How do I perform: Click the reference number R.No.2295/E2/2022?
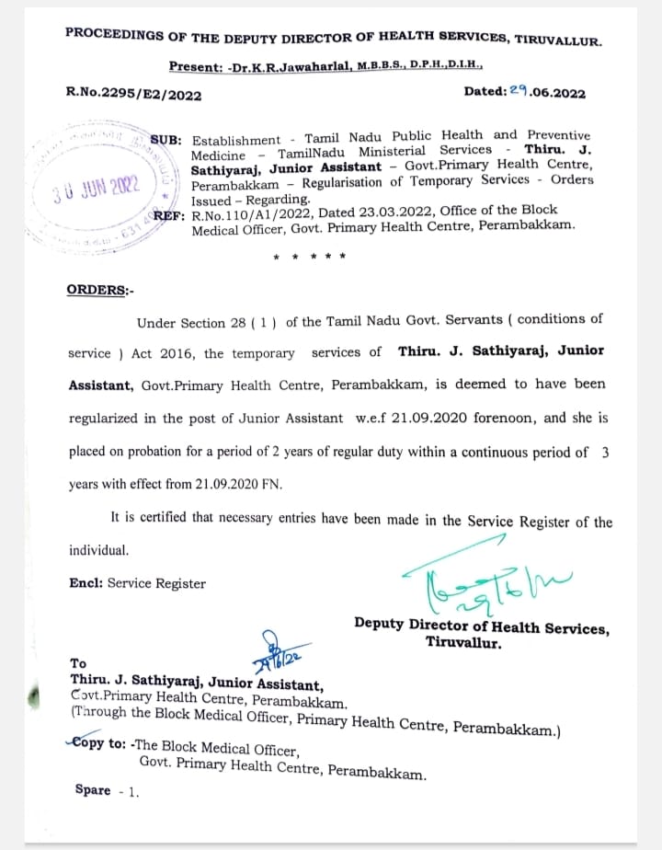133,94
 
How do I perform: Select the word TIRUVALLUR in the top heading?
559,41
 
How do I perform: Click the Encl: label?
87,583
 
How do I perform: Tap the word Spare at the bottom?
93,790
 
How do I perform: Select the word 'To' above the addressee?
78,663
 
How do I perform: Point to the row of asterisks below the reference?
310,256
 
